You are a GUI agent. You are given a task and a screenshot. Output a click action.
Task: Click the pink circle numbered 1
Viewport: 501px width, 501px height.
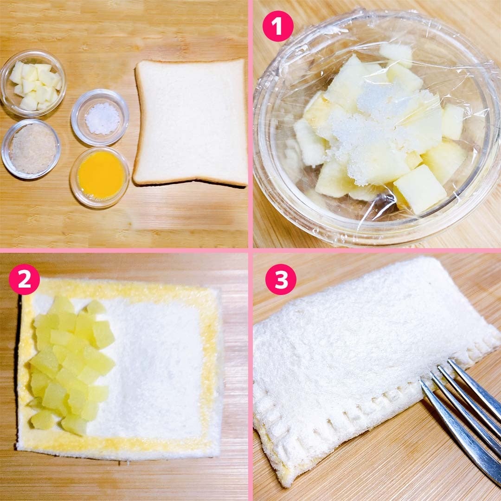click(278, 26)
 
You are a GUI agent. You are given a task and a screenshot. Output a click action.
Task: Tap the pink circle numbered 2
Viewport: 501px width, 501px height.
click(24, 279)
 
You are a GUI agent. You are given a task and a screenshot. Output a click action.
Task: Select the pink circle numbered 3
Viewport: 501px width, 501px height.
click(281, 279)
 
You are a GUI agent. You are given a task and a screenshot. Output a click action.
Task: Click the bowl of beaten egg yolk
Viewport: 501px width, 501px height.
click(100, 177)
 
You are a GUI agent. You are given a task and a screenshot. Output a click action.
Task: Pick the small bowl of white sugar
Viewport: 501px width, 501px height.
click(100, 117)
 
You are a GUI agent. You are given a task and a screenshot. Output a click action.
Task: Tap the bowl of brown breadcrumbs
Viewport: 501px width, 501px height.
click(31, 149)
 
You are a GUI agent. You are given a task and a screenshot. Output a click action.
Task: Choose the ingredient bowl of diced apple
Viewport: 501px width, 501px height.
click(33, 83)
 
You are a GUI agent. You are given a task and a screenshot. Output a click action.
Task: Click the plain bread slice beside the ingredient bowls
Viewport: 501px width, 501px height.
click(191, 122)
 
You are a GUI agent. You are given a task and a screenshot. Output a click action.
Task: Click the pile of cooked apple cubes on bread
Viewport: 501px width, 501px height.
click(72, 364)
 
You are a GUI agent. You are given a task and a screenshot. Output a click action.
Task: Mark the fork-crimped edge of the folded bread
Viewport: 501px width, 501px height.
click(361, 403)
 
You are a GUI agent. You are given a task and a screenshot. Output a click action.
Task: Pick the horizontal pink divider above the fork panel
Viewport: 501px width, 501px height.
click(377, 251)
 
